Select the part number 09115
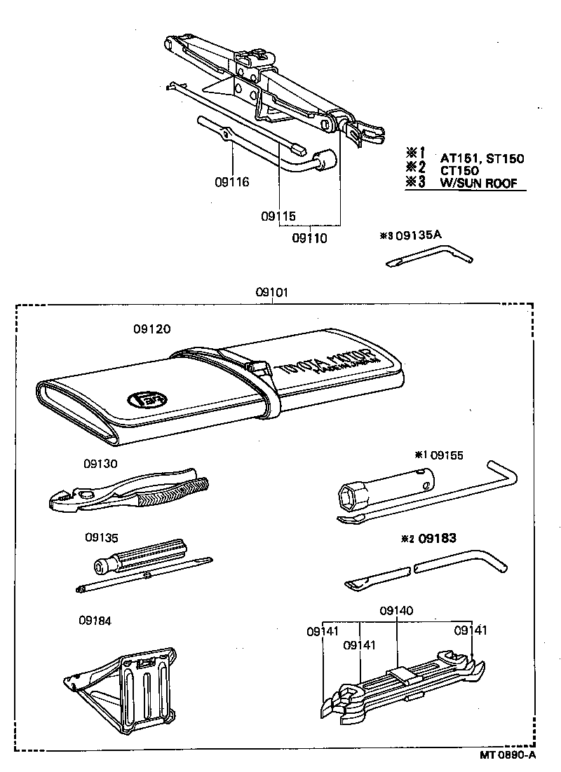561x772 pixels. coord(278,216)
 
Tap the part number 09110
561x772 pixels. coord(309,238)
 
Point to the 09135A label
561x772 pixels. coord(419,235)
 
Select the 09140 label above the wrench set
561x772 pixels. coord(396,611)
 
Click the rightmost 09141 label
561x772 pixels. coord(471,630)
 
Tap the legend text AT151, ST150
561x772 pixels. coord(482,158)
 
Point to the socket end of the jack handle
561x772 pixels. coord(327,160)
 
